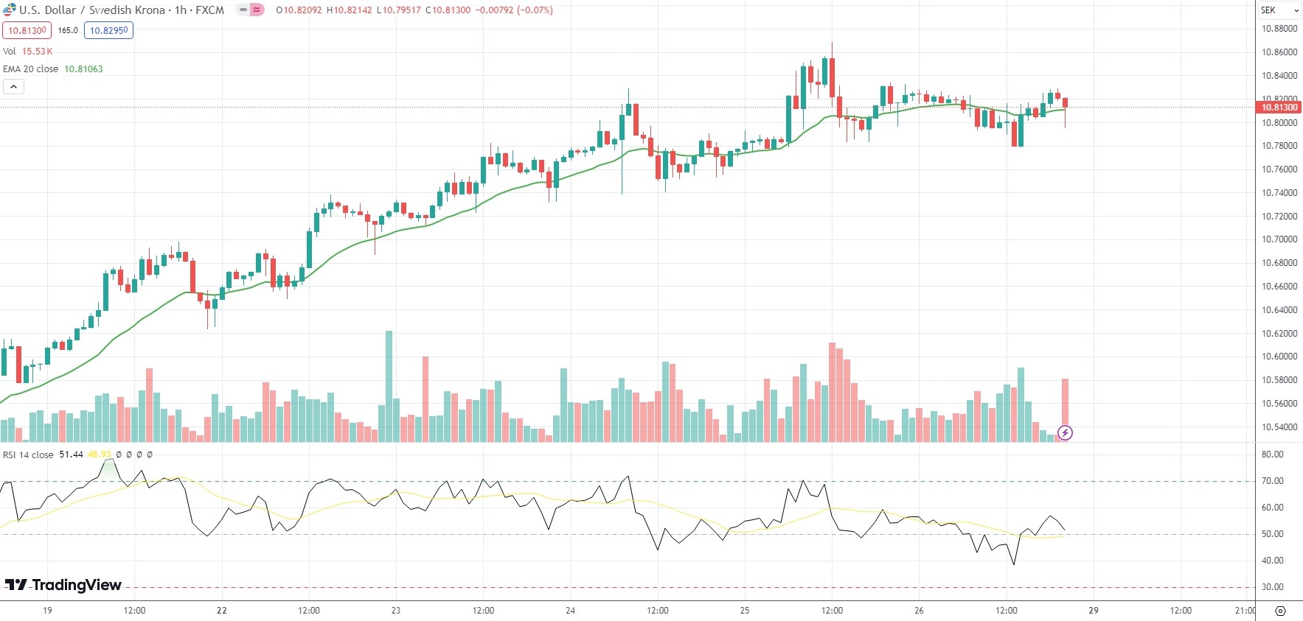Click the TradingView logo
coord(63,585)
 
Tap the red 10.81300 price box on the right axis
coord(1279,108)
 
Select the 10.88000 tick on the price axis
coord(1279,29)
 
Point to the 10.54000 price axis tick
coord(1279,427)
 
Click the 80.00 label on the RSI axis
coord(1272,455)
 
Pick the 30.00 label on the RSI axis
coord(1272,587)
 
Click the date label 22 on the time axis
coord(222,611)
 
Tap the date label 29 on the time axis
coord(1094,611)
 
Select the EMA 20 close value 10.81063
coord(83,69)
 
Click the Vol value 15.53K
coord(37,52)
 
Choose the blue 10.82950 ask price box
coord(108,30)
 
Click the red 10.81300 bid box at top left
coord(27,30)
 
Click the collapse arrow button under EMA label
coord(13,87)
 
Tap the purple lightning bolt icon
coord(1065,432)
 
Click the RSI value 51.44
coord(71,455)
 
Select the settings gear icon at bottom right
coord(1280,611)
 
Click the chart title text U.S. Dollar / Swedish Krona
coord(92,10)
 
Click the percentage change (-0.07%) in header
coord(535,10)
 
